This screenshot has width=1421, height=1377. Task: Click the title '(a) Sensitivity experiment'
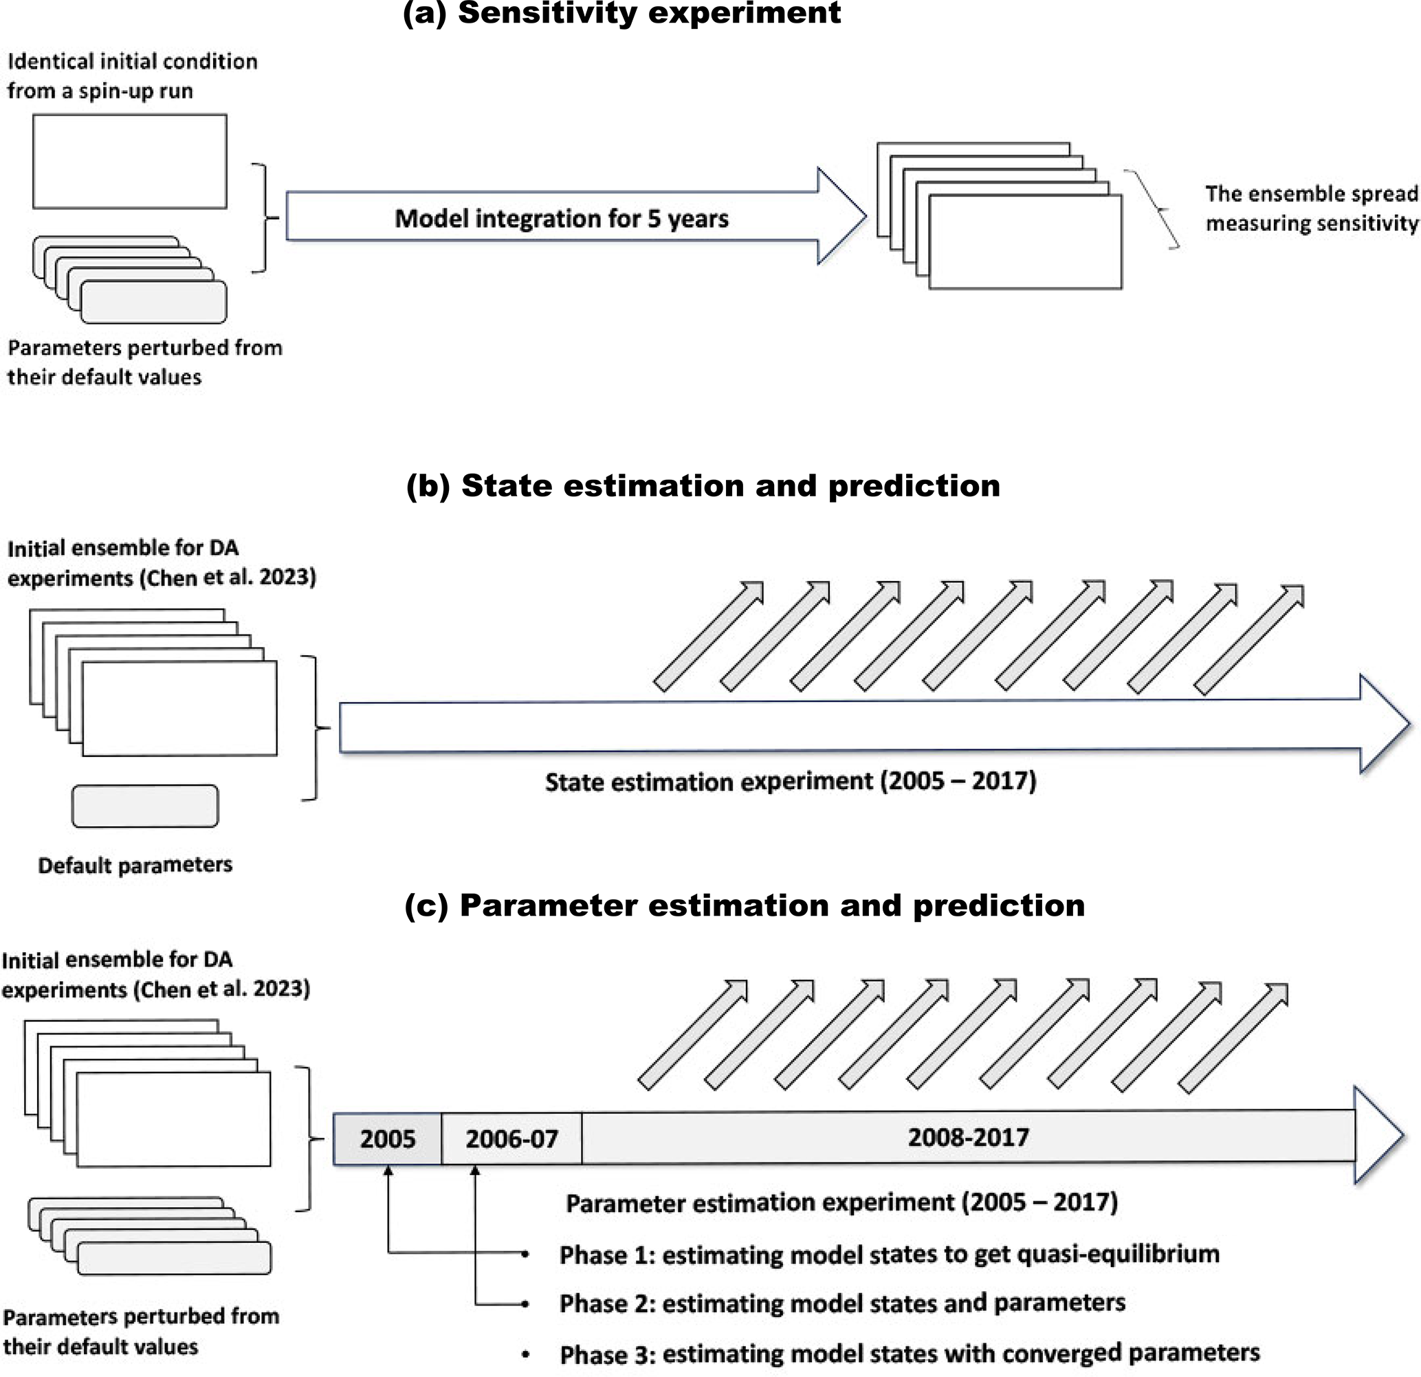click(x=621, y=13)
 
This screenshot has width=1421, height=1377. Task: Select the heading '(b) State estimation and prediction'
click(x=703, y=486)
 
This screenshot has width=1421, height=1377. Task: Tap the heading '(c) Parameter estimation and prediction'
click(x=744, y=905)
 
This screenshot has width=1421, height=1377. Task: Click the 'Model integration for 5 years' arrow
click(x=561, y=217)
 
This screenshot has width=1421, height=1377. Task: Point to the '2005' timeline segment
click(x=387, y=1138)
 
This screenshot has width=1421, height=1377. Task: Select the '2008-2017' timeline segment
click(x=968, y=1137)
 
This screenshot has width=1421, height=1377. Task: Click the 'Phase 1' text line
click(x=889, y=1255)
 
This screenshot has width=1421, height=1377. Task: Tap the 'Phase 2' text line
click(x=841, y=1303)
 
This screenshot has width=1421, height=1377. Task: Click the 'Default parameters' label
click(x=135, y=865)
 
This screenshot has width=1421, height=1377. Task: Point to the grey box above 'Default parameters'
click(x=145, y=806)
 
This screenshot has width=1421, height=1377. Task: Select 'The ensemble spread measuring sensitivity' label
click(x=1311, y=208)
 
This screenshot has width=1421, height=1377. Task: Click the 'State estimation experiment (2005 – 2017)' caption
click(x=791, y=781)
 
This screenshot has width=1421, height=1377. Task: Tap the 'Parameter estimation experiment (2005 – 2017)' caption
click(x=841, y=1202)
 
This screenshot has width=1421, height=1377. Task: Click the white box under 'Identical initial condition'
click(x=130, y=161)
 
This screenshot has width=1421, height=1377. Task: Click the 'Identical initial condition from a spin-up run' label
click(x=132, y=76)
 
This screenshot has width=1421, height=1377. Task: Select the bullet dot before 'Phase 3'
click(x=525, y=1354)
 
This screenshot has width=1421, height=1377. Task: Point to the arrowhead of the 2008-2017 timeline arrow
click(x=1378, y=1136)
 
